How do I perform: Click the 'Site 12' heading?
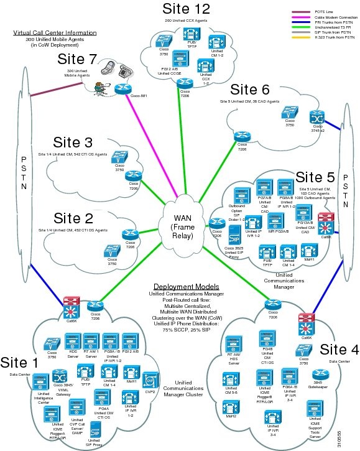pos(186,9)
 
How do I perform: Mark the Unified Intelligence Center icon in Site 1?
pos(40,381)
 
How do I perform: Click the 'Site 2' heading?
pos(74,218)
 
